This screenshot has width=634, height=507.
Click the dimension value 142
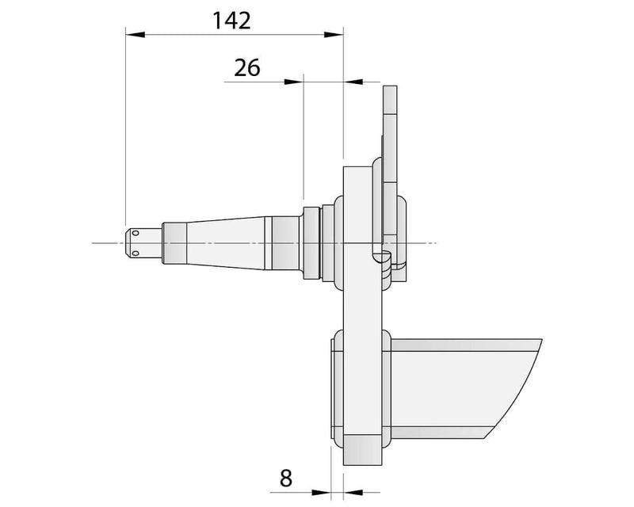[231, 21]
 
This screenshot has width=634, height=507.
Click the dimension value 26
[247, 68]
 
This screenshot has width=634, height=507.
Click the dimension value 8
[286, 478]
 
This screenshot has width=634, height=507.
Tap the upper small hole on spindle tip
[135, 233]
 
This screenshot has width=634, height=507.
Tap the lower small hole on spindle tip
[135, 253]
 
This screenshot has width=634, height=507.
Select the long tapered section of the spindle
[230, 242]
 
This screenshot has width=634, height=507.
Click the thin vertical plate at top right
[389, 119]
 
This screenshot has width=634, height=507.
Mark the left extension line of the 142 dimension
[125, 127]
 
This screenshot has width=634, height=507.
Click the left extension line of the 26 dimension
[304, 135]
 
